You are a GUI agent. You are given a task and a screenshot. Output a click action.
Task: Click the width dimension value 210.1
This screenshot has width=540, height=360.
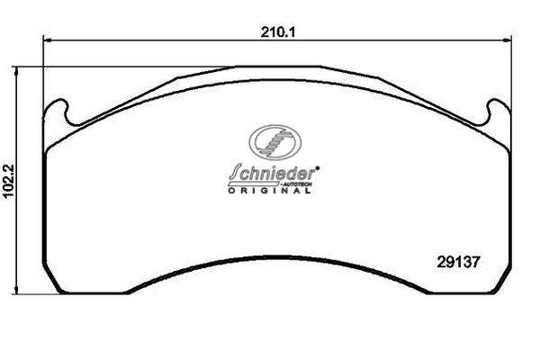pos(278,32)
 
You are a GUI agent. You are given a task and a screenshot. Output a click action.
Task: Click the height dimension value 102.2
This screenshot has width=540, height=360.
pos(8,181)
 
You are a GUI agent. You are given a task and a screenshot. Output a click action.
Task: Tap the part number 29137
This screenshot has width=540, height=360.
pos(458,263)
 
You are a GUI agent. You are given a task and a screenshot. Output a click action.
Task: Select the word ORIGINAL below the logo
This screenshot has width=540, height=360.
pos(269,191)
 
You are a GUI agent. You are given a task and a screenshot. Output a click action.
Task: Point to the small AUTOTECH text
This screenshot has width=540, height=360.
pos(297,184)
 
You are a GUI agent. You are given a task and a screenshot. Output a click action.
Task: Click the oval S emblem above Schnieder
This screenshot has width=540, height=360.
pos(275,142)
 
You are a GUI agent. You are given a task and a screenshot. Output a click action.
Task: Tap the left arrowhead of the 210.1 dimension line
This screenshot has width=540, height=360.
pos(47,40)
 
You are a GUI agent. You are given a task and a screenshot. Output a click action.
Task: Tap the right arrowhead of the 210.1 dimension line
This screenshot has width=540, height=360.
pos(508,40)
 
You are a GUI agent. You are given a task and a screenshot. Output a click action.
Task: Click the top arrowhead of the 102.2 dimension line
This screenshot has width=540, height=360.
pos(15,71)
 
